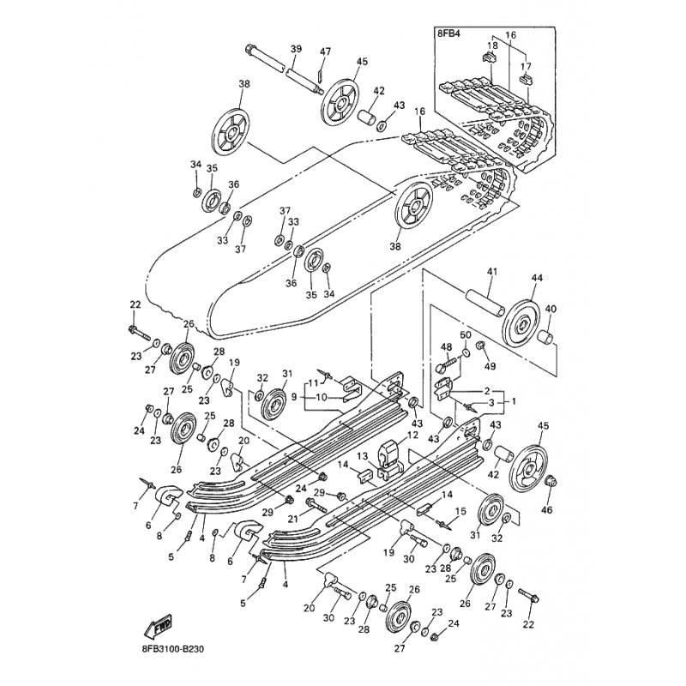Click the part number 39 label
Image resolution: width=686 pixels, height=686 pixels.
(295, 49)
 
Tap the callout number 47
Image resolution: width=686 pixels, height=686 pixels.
(325, 52)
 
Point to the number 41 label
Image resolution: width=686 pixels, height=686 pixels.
(491, 272)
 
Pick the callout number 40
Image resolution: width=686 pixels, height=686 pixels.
(551, 309)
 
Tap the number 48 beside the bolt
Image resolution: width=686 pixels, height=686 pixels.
(445, 346)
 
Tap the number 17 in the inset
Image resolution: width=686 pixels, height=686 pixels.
(527, 65)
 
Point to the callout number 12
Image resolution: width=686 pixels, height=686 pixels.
(412, 435)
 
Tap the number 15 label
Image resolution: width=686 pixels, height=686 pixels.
(461, 512)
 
